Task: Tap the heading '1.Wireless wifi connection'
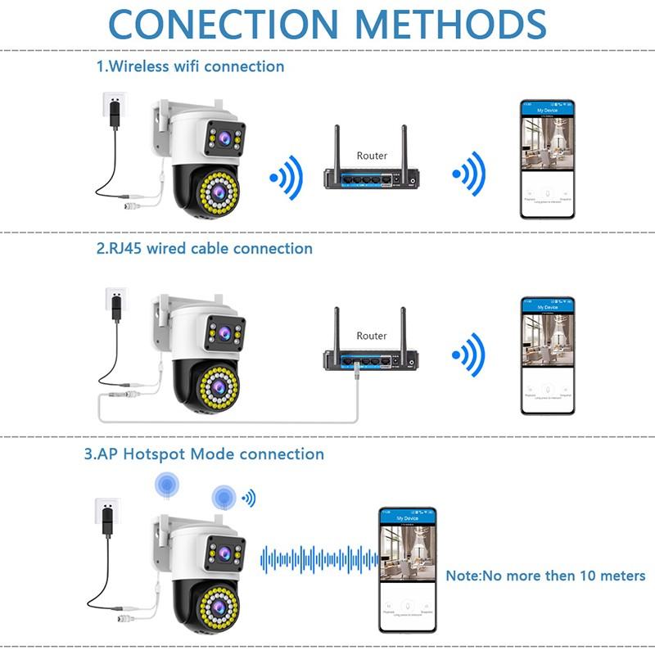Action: [x=191, y=66]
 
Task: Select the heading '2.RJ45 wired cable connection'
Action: [x=205, y=247]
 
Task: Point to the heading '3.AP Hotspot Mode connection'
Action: [x=204, y=454]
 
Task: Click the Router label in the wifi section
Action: [x=372, y=155]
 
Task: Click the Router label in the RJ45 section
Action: [x=372, y=336]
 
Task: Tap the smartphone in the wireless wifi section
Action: [x=548, y=160]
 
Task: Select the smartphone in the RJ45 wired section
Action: [x=548, y=356]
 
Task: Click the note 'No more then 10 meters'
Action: [x=545, y=576]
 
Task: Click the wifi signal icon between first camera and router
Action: [x=287, y=174]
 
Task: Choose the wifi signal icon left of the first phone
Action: [x=469, y=174]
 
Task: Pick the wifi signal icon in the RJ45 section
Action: [x=469, y=355]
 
